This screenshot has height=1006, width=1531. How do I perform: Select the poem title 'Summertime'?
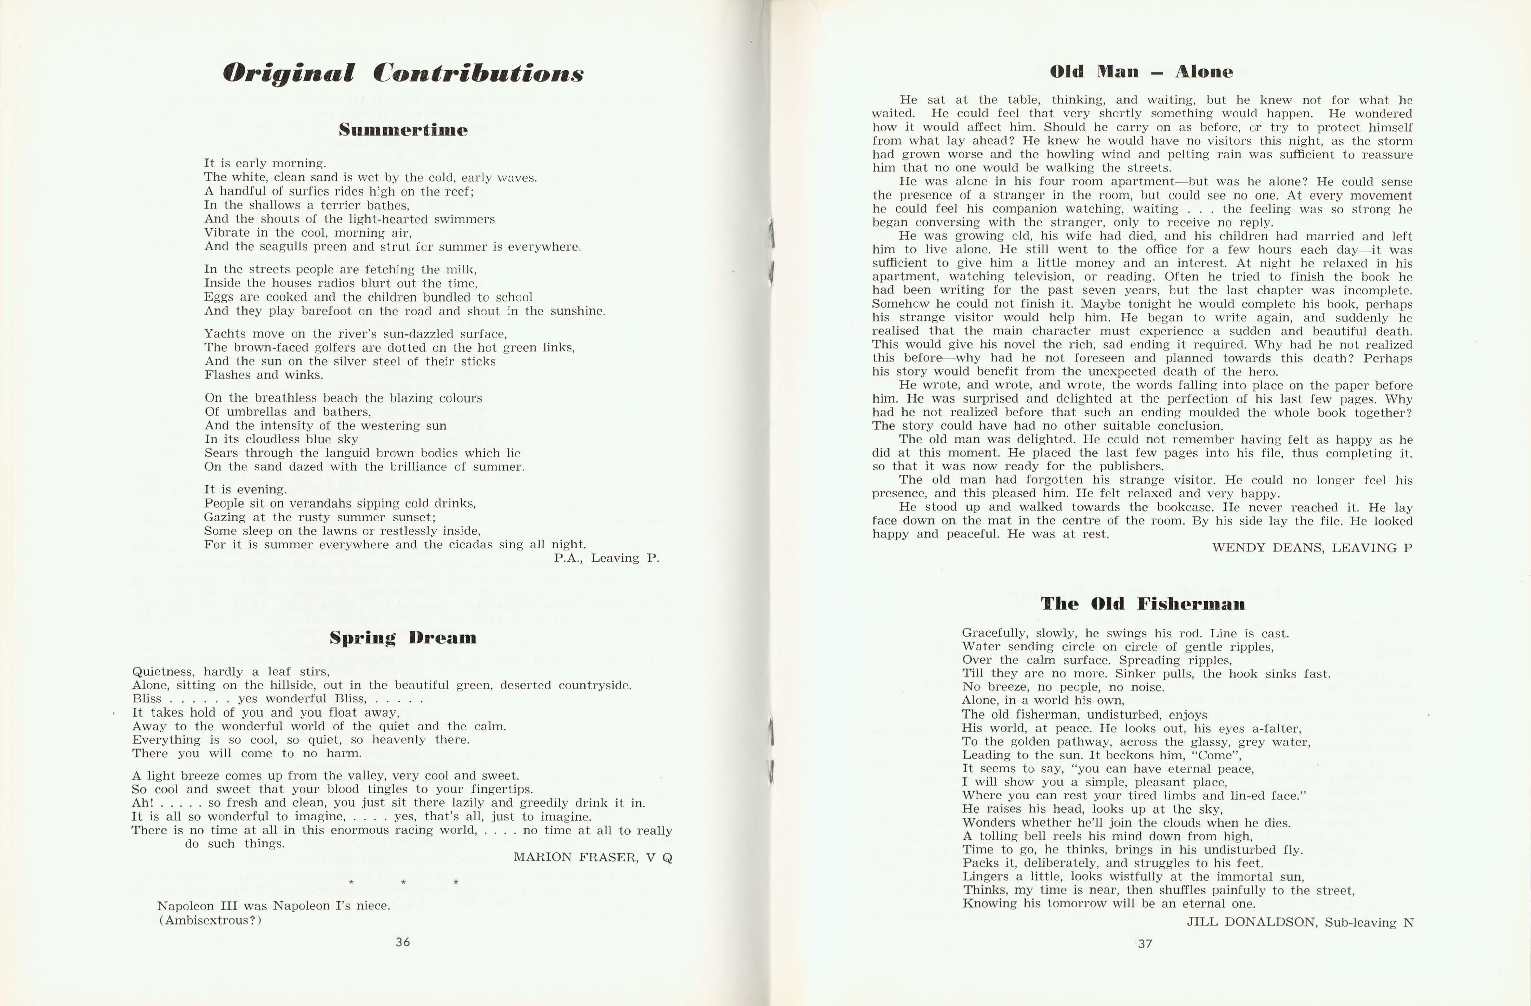(x=403, y=130)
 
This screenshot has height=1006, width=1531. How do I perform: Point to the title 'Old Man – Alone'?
(x=1141, y=71)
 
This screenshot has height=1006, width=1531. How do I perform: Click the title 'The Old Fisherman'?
(x=1142, y=604)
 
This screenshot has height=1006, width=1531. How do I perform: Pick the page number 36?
(x=403, y=942)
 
